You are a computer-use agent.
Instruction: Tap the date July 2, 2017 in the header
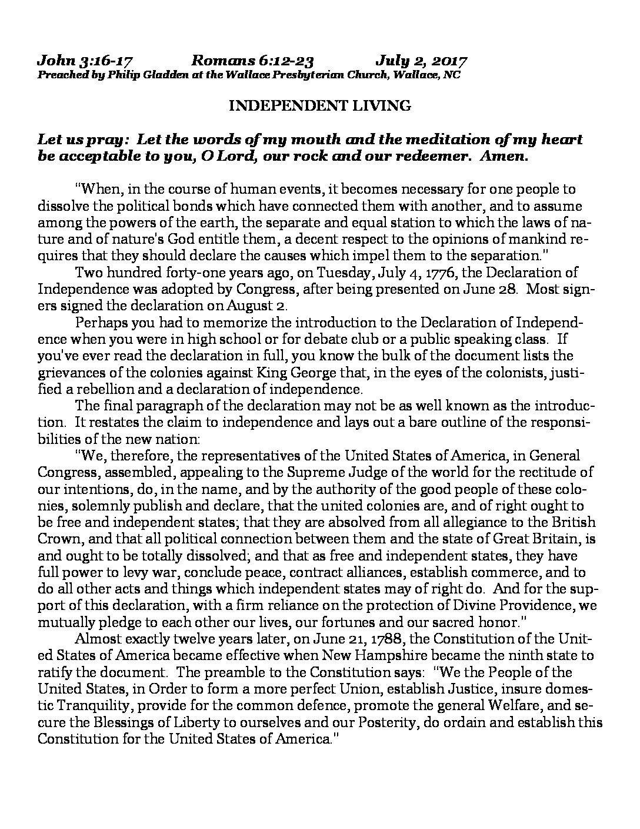point(421,61)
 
